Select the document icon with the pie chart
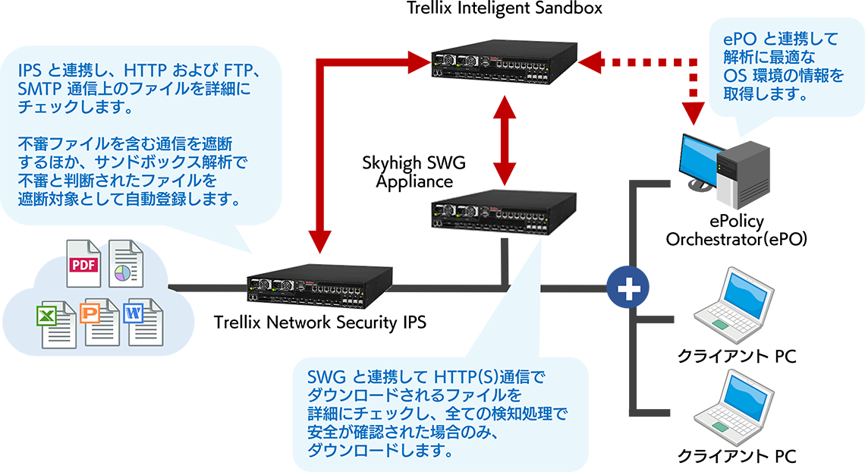[x=121, y=261]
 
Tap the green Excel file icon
[x=55, y=323]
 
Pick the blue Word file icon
[x=144, y=322]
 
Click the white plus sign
[x=628, y=288]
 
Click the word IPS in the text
[x=30, y=72]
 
